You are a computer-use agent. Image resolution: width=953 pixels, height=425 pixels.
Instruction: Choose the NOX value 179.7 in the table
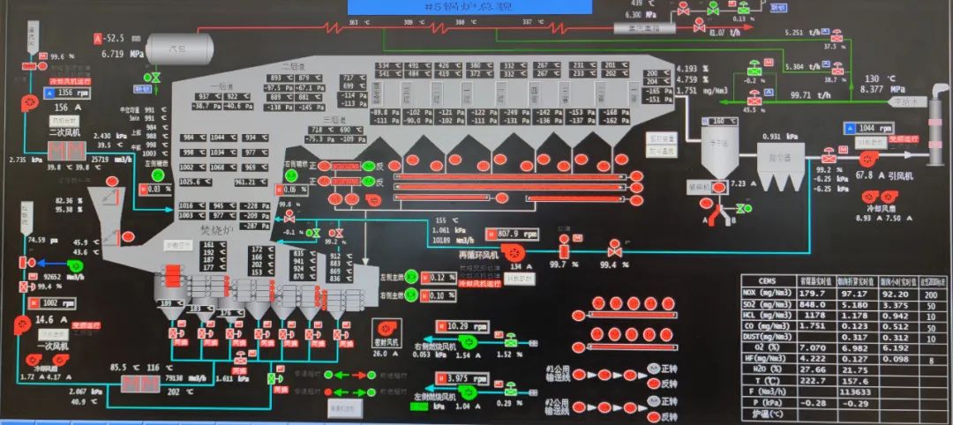[811, 294]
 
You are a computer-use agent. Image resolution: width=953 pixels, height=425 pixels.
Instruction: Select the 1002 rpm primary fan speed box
[55, 302]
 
